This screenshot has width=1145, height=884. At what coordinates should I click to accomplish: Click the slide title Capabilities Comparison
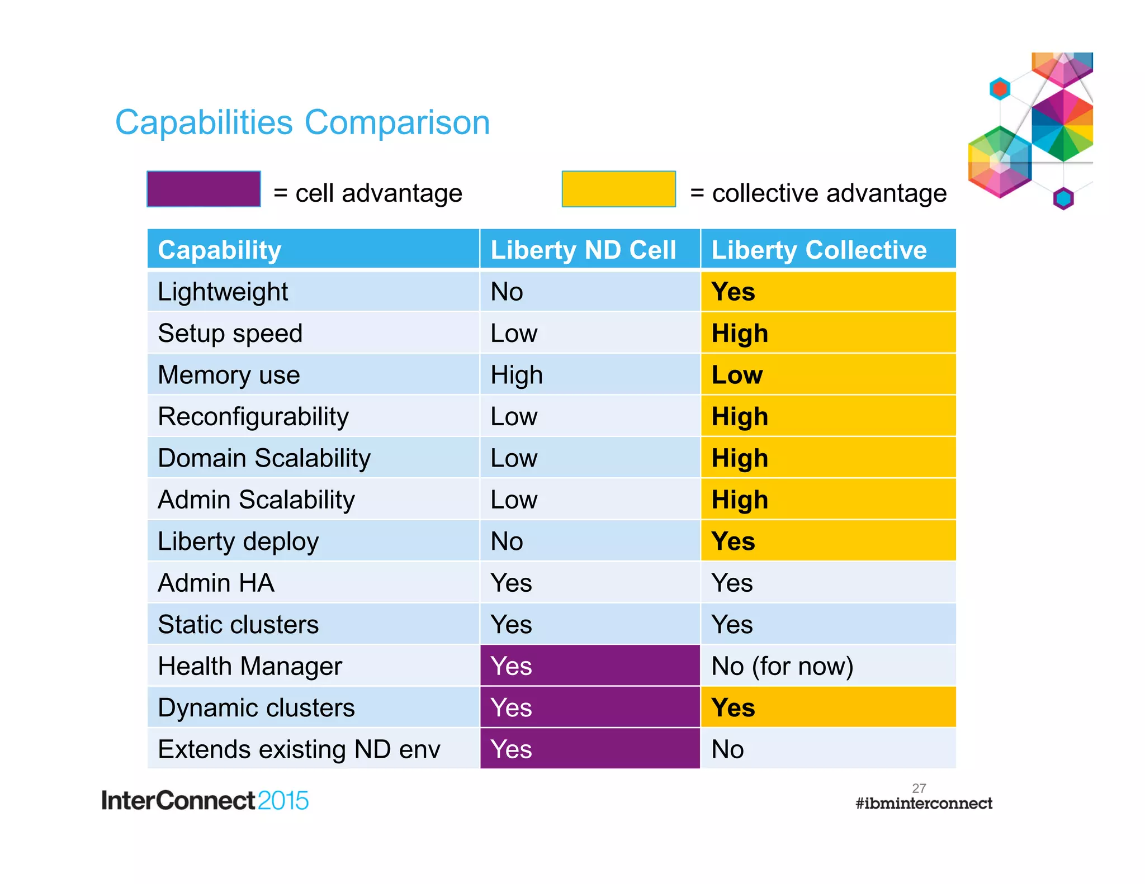point(302,122)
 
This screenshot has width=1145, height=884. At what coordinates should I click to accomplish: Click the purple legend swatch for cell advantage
point(204,189)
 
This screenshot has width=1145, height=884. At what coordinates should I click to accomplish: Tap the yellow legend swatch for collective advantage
point(618,189)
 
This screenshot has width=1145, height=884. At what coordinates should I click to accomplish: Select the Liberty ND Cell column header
point(583,250)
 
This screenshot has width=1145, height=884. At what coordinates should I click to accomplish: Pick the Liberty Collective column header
point(818,250)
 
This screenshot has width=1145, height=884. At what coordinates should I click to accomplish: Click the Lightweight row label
point(223,292)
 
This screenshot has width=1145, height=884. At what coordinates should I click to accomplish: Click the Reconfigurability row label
point(253,417)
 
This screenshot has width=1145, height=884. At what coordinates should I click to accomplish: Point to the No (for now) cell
point(782,666)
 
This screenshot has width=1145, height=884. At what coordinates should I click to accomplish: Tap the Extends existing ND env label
point(299,749)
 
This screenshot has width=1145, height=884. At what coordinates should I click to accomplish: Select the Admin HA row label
point(216,583)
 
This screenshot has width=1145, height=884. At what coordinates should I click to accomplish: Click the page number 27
point(919,788)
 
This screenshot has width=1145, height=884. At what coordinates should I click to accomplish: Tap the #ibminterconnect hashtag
point(924,804)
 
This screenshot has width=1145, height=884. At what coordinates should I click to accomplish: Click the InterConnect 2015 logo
point(205,800)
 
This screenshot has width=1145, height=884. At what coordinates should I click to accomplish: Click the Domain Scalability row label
point(264,458)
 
